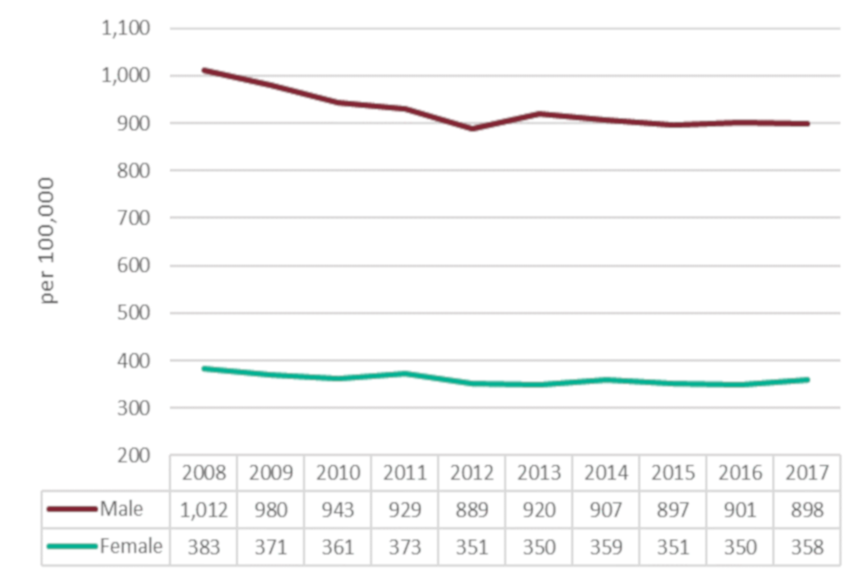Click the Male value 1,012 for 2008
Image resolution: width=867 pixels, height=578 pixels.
tap(203, 510)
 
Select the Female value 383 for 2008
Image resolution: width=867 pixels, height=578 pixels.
tap(203, 546)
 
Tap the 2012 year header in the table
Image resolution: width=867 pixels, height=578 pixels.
tap(471, 473)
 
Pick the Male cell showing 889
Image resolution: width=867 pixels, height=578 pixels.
tap(471, 510)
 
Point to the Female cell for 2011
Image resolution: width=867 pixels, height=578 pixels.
tap(405, 546)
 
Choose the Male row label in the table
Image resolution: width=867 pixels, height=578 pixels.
tap(122, 509)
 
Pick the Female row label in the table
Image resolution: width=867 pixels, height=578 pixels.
tap(132, 545)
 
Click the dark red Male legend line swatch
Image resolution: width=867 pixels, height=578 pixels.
tap(72, 510)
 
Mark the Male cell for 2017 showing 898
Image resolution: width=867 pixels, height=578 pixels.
tap(806, 510)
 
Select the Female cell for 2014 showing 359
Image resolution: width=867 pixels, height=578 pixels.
tap(605, 546)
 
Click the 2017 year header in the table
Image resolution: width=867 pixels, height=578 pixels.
tap(806, 473)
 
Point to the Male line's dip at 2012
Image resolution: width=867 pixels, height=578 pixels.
tap(471, 128)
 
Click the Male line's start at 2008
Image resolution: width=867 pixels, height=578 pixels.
tap(204, 70)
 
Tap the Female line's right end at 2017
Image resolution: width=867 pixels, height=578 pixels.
tap(806, 379)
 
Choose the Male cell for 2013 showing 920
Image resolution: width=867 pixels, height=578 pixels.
tap(538, 510)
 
